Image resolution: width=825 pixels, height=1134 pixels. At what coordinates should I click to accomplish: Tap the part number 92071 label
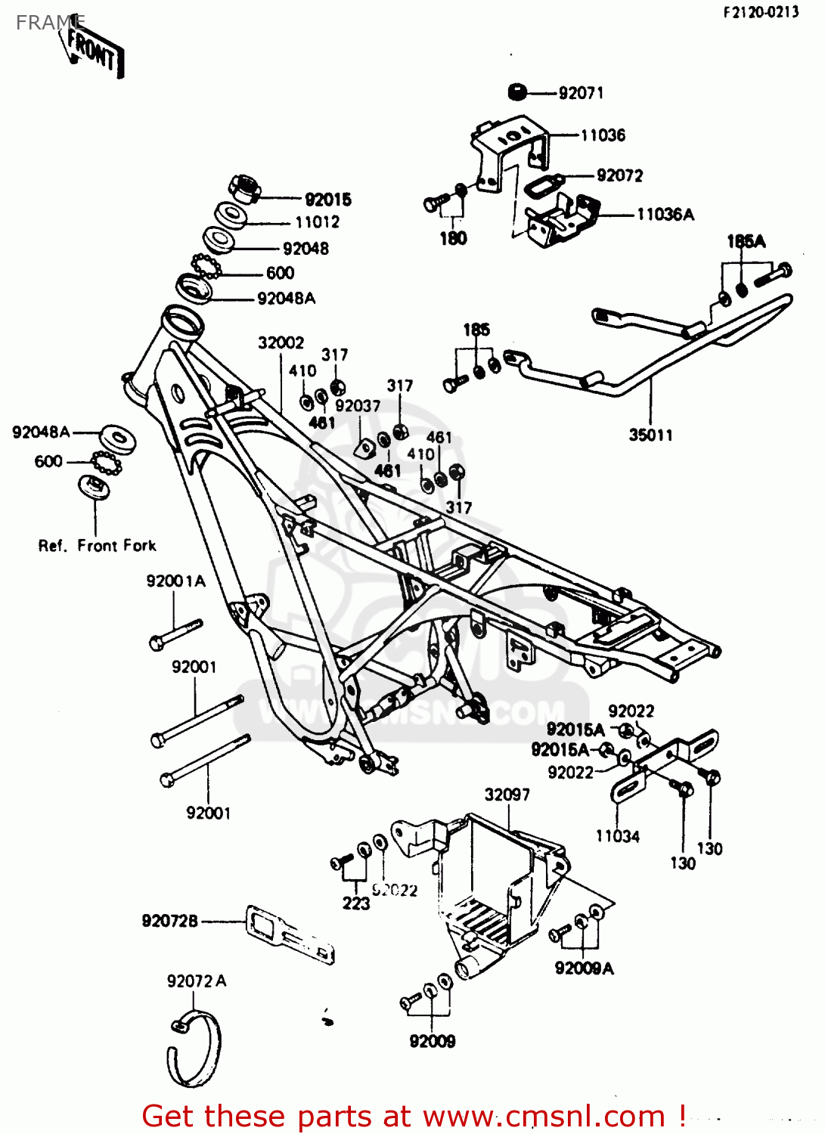[x=581, y=93]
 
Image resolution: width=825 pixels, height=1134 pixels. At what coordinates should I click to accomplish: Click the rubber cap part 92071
[x=517, y=91]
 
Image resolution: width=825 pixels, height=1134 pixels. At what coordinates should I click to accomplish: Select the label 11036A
[x=665, y=215]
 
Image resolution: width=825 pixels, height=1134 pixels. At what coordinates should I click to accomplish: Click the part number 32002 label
[x=281, y=342]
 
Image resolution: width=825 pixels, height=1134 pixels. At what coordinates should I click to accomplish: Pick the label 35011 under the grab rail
[x=650, y=435]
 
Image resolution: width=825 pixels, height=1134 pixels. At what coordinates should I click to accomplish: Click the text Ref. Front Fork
[x=97, y=545]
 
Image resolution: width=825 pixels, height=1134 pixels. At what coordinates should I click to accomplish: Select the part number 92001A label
[x=175, y=581]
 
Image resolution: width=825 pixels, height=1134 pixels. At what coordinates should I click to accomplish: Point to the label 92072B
[x=169, y=921]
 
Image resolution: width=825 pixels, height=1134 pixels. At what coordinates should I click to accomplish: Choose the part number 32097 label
[x=507, y=795]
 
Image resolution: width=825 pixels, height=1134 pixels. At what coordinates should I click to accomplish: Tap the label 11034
[x=617, y=836]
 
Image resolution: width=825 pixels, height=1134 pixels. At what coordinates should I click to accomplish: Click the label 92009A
[x=584, y=968]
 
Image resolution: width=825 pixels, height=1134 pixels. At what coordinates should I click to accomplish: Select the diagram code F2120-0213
[x=760, y=12]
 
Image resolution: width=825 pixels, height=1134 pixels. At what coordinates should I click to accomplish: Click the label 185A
[x=746, y=241]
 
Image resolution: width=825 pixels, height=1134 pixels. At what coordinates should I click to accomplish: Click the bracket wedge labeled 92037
[x=364, y=448]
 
